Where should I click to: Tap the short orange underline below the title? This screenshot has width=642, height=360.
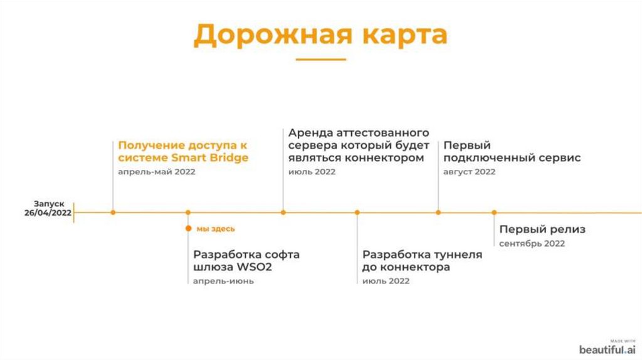click(320, 60)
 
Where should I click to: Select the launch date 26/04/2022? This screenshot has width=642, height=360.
click(48, 213)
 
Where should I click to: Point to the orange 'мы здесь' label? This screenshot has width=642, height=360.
click(216, 229)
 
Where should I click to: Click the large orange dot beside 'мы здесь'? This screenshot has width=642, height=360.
click(188, 229)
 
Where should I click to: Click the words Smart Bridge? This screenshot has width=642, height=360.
click(210, 158)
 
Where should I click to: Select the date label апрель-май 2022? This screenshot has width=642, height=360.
click(157, 172)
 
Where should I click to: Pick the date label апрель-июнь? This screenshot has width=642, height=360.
click(223, 281)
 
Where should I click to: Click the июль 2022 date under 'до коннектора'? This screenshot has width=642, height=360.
click(386, 281)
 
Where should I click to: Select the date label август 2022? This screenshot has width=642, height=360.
click(469, 172)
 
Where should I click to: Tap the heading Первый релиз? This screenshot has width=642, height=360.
click(542, 230)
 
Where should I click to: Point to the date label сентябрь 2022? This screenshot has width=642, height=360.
click(532, 243)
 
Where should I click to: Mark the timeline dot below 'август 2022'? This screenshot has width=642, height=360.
click(438, 213)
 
